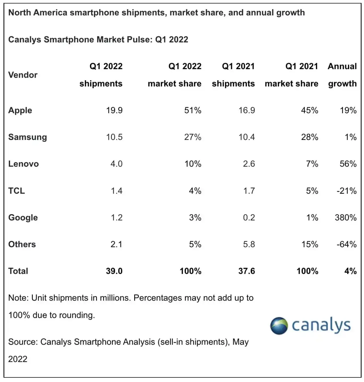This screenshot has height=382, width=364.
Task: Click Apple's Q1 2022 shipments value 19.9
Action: point(114,110)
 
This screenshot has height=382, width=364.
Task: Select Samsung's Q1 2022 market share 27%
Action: point(193,137)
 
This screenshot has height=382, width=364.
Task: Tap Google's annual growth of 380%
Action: point(346,218)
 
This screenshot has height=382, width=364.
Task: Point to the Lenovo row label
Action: point(23,164)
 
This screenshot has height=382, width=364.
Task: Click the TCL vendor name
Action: point(16,191)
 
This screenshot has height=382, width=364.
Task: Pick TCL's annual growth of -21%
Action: point(346,191)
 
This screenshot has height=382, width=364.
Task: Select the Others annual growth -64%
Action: point(346,244)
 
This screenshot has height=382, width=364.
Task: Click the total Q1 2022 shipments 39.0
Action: point(114,271)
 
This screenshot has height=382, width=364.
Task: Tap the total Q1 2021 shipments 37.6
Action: point(247,271)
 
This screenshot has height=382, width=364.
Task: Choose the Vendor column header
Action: point(23,75)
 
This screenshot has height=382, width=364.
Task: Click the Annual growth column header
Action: point(342,75)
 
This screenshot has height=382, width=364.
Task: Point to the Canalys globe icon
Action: point(279,326)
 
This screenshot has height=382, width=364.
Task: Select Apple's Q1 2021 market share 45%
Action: point(309,110)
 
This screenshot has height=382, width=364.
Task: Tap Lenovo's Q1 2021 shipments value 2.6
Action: point(249,164)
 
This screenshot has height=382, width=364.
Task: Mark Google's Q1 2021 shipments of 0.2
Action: point(249,218)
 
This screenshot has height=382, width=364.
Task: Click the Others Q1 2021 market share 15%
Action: point(310,244)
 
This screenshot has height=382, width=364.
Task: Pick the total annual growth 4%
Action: point(350,271)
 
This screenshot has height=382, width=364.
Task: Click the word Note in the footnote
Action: point(18,298)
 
